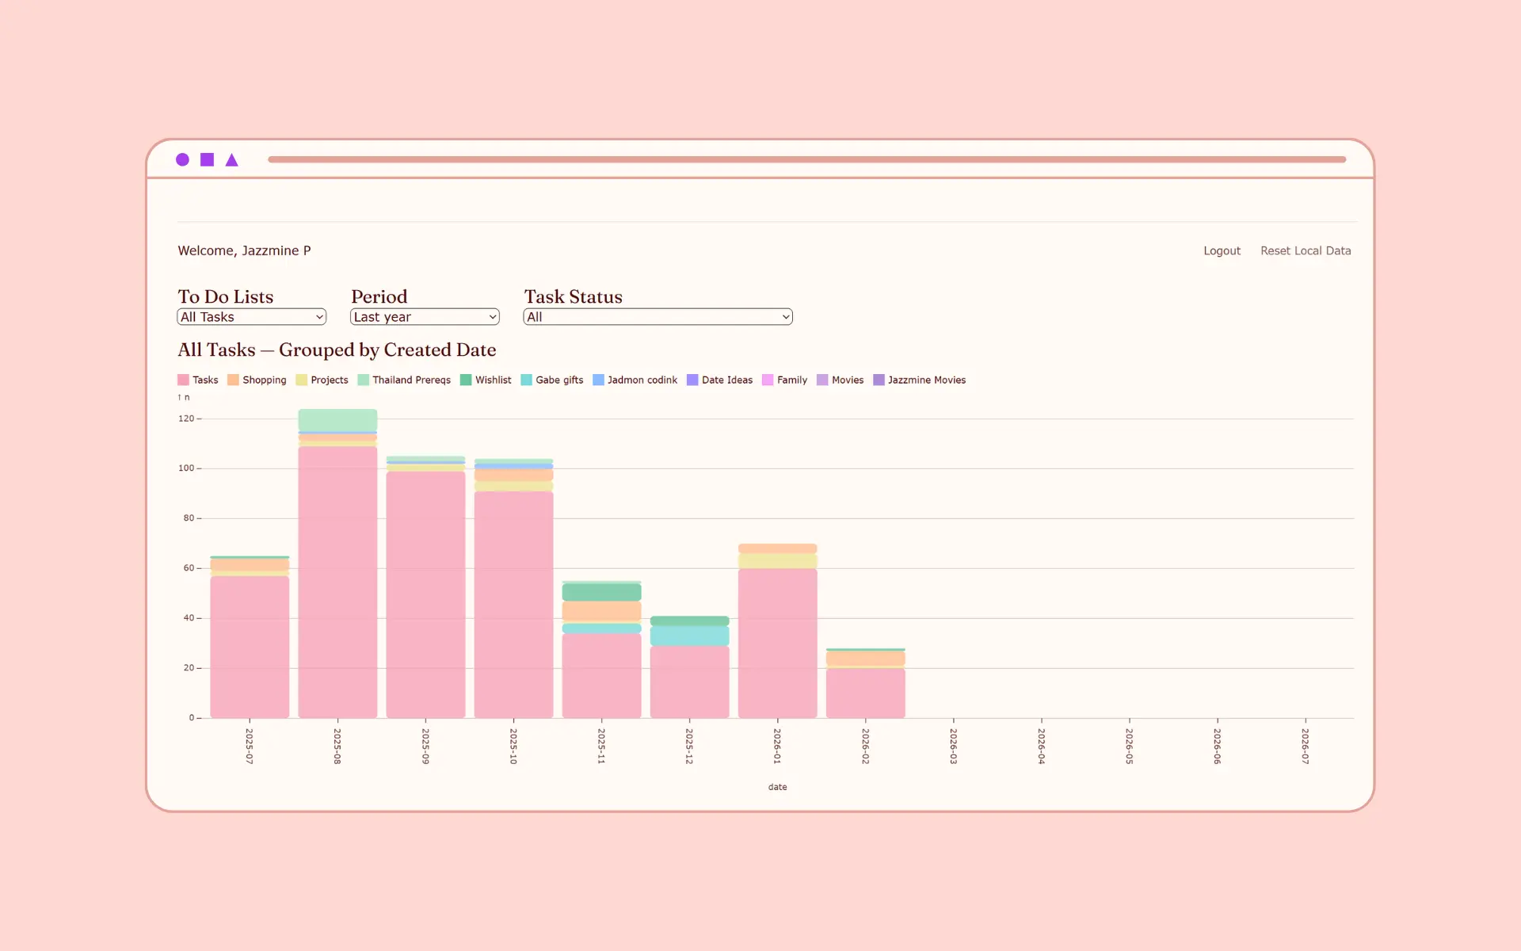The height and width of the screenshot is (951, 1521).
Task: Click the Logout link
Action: coord(1222,250)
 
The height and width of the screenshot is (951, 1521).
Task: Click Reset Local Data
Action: coord(1306,250)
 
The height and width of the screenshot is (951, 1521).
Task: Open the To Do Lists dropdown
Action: coord(251,317)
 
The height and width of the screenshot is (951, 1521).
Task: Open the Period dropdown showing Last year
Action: coord(425,317)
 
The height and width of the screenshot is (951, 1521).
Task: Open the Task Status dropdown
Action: coord(658,317)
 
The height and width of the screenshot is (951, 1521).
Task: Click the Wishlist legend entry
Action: coord(486,380)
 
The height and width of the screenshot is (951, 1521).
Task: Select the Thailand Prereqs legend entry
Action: coord(404,380)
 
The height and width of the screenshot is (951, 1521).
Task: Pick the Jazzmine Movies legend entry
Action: coord(919,380)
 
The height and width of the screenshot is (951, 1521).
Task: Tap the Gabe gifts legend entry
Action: coord(552,380)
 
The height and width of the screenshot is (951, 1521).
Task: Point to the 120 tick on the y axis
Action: coord(186,418)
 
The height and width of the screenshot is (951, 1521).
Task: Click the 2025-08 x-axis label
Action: coord(337,746)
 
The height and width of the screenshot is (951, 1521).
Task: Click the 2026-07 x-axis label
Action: coord(1306,746)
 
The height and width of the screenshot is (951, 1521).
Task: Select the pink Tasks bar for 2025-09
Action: coord(425,594)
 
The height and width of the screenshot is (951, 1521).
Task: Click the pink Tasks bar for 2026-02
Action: coord(865,693)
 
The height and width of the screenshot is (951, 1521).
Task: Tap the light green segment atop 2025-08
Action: coord(337,420)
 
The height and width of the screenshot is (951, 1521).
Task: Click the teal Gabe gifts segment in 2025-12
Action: coord(689,636)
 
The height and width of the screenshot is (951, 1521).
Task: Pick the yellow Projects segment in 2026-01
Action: coord(777,561)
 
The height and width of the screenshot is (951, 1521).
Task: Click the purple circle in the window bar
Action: coord(182,160)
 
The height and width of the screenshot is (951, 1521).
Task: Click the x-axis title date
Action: coord(777,787)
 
